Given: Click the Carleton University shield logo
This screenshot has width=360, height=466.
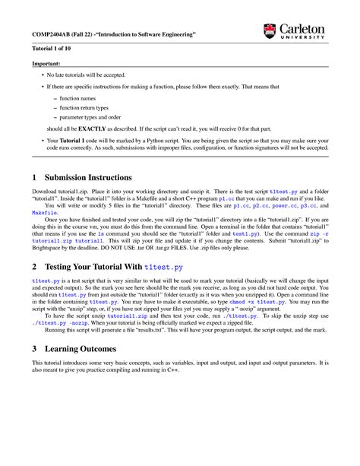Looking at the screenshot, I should [271, 31].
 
